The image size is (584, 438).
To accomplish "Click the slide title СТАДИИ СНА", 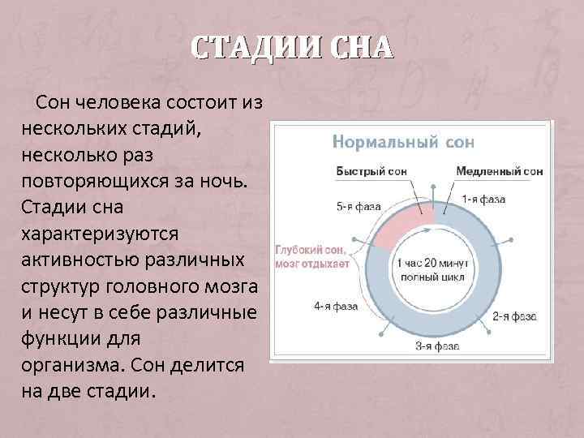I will (x=292, y=47).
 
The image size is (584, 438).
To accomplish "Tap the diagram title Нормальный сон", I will (x=403, y=142).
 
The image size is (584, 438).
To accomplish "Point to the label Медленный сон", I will (x=499, y=172).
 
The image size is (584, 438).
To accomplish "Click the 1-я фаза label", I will (x=484, y=199).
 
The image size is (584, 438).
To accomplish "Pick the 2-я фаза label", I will (x=512, y=316).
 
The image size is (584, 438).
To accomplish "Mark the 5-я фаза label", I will (x=359, y=206).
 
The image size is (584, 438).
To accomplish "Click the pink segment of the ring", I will (x=406, y=225).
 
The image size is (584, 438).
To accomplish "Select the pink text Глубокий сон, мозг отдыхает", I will (x=313, y=256).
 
